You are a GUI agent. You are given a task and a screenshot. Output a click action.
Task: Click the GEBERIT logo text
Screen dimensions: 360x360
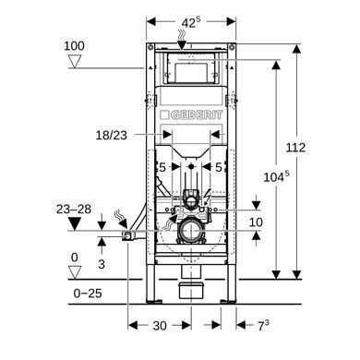pyautogui.click(x=196, y=115)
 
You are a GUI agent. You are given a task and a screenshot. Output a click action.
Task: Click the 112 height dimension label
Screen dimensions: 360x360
pyautogui.click(x=296, y=148)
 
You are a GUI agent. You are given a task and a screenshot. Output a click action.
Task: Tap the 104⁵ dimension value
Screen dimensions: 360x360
pyautogui.click(x=276, y=176)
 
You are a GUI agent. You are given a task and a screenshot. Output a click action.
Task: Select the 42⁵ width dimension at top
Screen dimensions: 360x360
pyautogui.click(x=191, y=22)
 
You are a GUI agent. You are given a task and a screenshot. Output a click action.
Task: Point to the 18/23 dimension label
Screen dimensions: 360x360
pyautogui.click(x=112, y=136)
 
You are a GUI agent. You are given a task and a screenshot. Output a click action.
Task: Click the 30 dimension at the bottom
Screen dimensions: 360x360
pyautogui.click(x=160, y=326)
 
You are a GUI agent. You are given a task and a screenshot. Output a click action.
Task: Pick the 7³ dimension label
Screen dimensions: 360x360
pyautogui.click(x=263, y=326)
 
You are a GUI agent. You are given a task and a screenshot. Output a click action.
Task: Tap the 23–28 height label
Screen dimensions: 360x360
pyautogui.click(x=74, y=210)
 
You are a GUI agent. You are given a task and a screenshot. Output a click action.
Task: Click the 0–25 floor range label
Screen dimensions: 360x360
pyautogui.click(x=88, y=294)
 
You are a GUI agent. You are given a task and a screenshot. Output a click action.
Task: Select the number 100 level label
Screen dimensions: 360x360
pyautogui.click(x=74, y=46)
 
